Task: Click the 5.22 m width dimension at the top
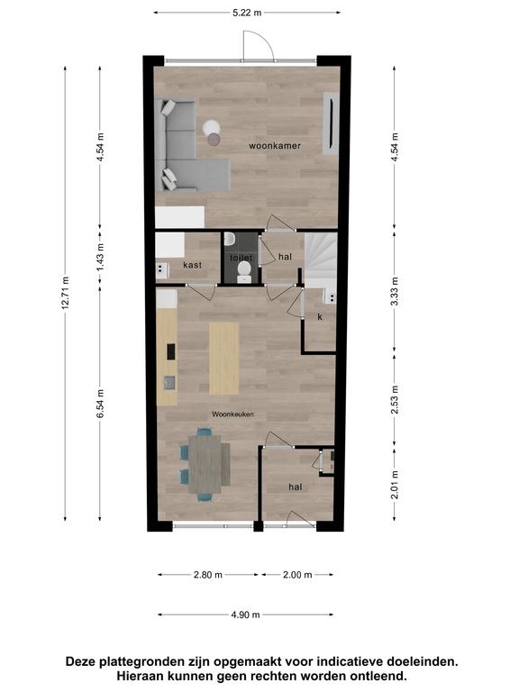247,13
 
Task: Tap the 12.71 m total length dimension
65,293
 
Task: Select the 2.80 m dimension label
208,575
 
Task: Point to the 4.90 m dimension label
245,615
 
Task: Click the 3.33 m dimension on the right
395,291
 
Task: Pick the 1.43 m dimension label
100,258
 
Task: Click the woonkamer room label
275,146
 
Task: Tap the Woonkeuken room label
232,414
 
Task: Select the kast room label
193,265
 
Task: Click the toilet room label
241,258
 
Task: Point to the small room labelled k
320,317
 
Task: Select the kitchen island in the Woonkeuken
224,359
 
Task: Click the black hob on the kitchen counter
171,351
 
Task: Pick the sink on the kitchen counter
169,382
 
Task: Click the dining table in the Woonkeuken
205,464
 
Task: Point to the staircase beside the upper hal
321,260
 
